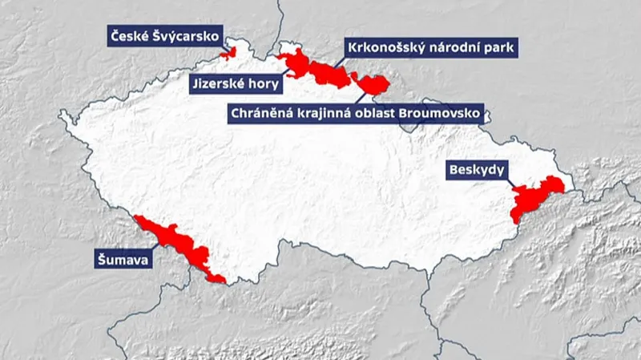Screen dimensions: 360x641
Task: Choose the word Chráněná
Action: pos(264,114)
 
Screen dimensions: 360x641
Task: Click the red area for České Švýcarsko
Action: pos(232,54)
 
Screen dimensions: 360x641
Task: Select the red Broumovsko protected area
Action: pos(374,83)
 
